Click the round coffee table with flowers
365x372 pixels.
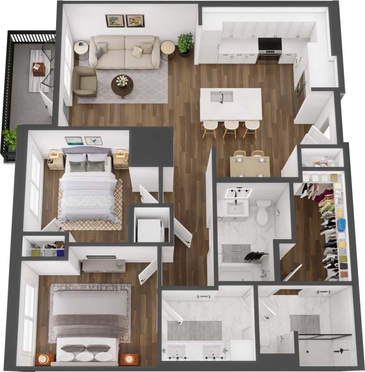tap(122, 84)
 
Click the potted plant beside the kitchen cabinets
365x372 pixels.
tap(186, 43)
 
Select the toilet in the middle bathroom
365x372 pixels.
tap(263, 212)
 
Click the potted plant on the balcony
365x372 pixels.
tap(9, 138)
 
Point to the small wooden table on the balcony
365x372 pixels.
tap(38, 69)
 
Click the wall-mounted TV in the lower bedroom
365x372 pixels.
tap(101, 257)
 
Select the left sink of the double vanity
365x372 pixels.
tap(176, 351)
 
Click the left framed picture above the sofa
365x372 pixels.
tap(115, 21)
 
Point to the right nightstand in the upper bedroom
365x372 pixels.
tap(121, 159)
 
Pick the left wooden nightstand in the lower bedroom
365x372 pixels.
tap(45, 359)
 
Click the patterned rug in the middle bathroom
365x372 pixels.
tap(235, 253)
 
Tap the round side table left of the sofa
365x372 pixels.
tap(81, 48)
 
